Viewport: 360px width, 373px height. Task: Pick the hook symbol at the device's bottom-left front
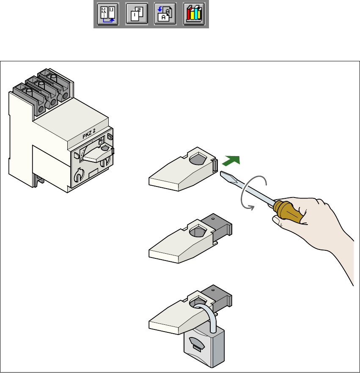[80, 175]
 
